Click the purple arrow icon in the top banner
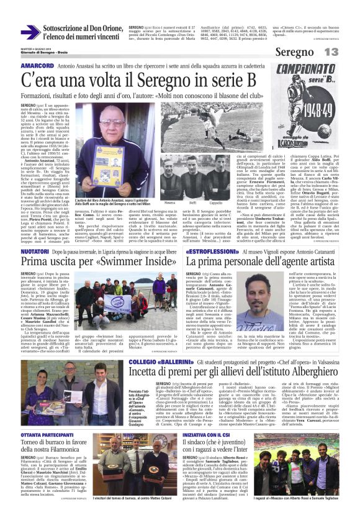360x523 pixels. point(30,32)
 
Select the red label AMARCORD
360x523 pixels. point(37,66)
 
